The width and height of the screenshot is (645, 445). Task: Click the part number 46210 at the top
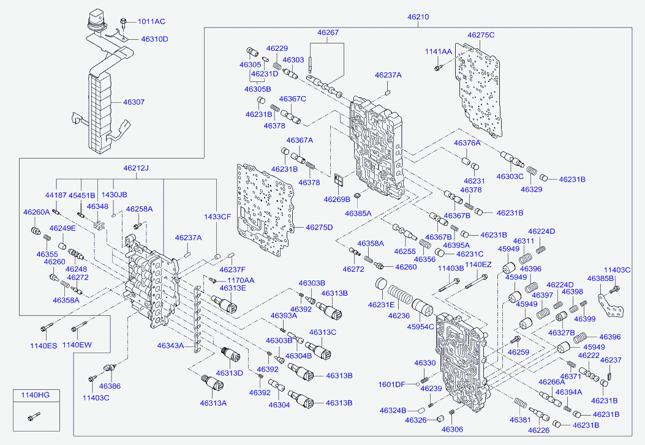click(x=418, y=17)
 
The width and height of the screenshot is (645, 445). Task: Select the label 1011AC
click(x=151, y=21)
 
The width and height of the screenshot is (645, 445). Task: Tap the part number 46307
click(x=134, y=102)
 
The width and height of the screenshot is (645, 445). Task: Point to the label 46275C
click(x=481, y=35)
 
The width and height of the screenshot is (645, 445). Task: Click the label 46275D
click(x=319, y=227)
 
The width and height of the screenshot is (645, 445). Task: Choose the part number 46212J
click(x=136, y=168)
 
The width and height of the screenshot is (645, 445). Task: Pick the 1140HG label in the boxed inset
click(x=36, y=395)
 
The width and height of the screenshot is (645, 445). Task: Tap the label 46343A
click(x=170, y=346)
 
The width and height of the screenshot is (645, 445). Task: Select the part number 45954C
click(x=420, y=327)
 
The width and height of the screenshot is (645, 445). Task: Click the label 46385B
click(x=600, y=279)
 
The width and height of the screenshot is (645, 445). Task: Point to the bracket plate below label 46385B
click(x=611, y=305)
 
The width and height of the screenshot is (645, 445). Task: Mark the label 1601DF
click(x=391, y=384)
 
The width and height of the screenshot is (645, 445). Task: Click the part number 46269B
click(x=337, y=200)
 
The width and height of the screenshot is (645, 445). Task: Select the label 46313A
click(x=213, y=403)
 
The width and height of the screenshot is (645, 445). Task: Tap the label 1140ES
click(x=43, y=346)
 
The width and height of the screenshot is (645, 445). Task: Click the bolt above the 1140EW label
click(x=79, y=327)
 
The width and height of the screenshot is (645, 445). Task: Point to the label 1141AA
click(x=438, y=52)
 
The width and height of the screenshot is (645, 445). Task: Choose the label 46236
click(x=399, y=316)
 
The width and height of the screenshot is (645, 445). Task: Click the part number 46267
click(x=328, y=32)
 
